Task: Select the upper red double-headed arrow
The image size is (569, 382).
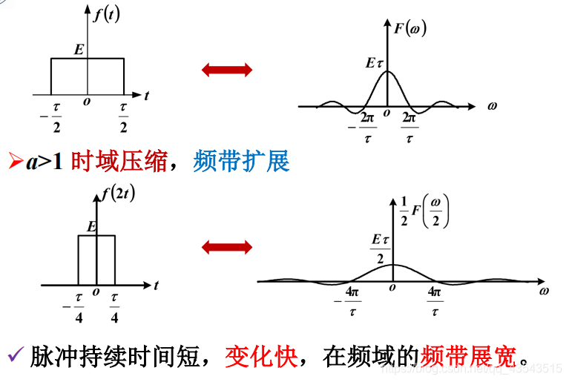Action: point(227,70)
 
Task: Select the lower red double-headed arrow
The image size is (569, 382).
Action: point(227,247)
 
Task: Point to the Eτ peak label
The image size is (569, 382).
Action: point(375,64)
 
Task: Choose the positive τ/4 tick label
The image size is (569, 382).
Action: point(114,306)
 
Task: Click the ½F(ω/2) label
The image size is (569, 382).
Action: point(423,211)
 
